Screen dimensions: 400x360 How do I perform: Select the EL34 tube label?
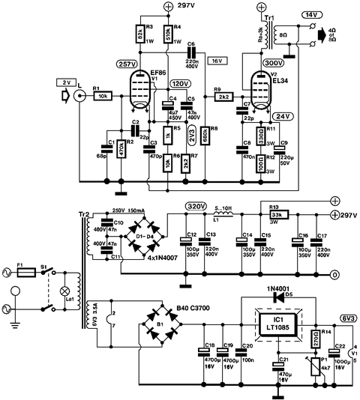point(278,82)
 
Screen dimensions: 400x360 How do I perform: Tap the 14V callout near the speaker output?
point(331,14)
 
